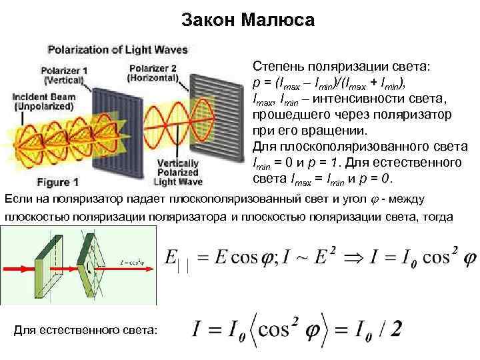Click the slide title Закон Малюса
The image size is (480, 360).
pyautogui.click(x=247, y=21)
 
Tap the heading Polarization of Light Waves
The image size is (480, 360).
pyautogui.click(x=117, y=49)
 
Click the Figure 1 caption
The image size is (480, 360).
pyautogui.click(x=58, y=181)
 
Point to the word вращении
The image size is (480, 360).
pyautogui.click(x=331, y=131)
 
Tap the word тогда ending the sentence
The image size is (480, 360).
pyautogui.click(x=436, y=217)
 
